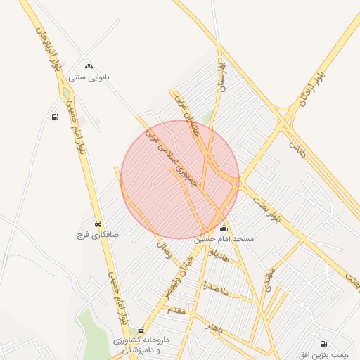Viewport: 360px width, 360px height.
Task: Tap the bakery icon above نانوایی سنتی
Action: pyautogui.click(x=89, y=66)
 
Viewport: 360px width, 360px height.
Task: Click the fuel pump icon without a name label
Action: pyautogui.click(x=55, y=117)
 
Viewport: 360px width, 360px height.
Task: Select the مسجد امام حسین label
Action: pyautogui.click(x=224, y=239)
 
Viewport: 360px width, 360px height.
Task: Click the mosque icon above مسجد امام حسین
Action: pyautogui.click(x=224, y=228)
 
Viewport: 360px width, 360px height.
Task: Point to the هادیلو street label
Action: pyautogui.click(x=223, y=259)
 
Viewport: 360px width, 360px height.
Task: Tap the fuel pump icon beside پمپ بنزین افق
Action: pyautogui.click(x=323, y=344)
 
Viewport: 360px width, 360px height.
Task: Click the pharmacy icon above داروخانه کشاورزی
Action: pyautogui.click(x=141, y=329)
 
